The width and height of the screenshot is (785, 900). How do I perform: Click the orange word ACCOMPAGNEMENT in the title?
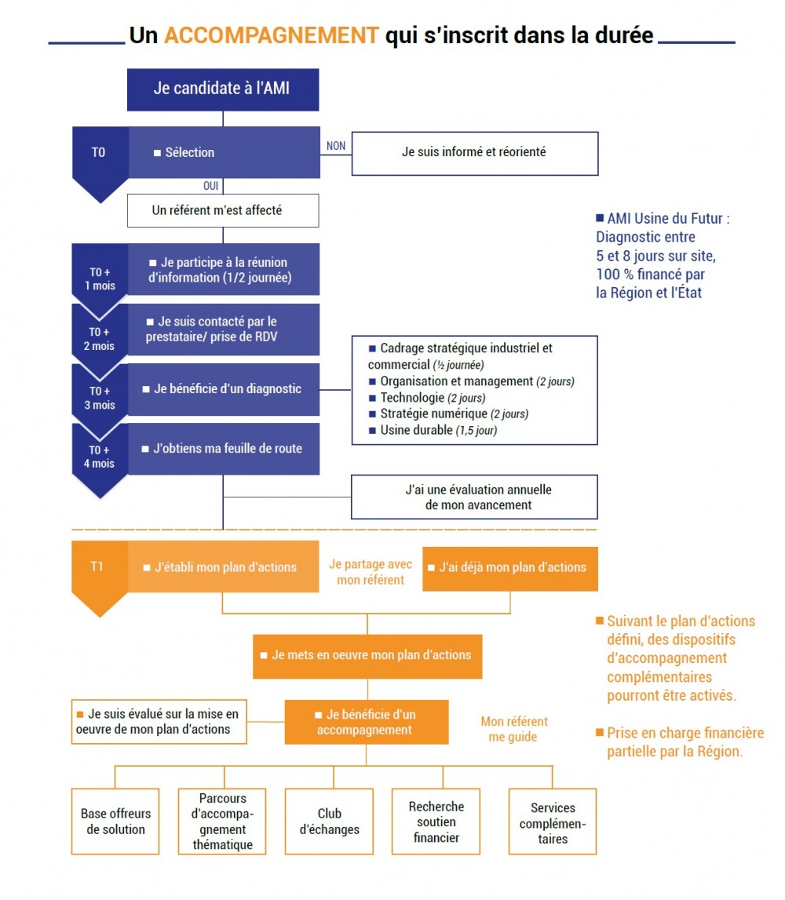[x=271, y=35]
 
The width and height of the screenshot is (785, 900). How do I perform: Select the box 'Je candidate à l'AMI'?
[x=223, y=89]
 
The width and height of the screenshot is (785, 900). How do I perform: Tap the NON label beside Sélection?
[x=336, y=146]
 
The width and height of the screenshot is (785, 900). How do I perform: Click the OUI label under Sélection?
[x=210, y=185]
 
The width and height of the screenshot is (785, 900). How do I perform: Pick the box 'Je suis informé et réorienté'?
[x=475, y=153]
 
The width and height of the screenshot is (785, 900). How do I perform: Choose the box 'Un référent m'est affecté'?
[x=223, y=210]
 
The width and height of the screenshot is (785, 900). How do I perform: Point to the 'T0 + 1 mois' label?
[x=100, y=279]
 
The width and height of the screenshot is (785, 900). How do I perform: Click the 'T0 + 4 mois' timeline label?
[x=100, y=457]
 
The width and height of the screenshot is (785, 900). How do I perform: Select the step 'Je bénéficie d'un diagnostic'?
[x=224, y=389]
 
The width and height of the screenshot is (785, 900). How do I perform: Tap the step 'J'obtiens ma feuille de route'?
[x=224, y=449]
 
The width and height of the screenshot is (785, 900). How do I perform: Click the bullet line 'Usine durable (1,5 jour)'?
[x=433, y=430]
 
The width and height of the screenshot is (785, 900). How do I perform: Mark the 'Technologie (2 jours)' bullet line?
[x=427, y=397]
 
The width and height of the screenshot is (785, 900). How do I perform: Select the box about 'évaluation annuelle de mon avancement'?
[x=474, y=497]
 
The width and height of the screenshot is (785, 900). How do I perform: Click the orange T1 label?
[x=97, y=567]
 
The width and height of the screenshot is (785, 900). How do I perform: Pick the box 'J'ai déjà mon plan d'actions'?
[x=510, y=569]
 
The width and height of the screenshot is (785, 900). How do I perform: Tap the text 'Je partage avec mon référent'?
[x=371, y=572]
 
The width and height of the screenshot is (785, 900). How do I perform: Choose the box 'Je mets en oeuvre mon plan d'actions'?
[x=367, y=657]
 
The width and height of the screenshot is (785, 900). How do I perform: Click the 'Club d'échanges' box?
[x=329, y=822]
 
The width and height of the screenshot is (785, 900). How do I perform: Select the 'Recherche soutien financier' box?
[x=436, y=822]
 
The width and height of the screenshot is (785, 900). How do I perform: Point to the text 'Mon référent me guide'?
[x=514, y=729]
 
